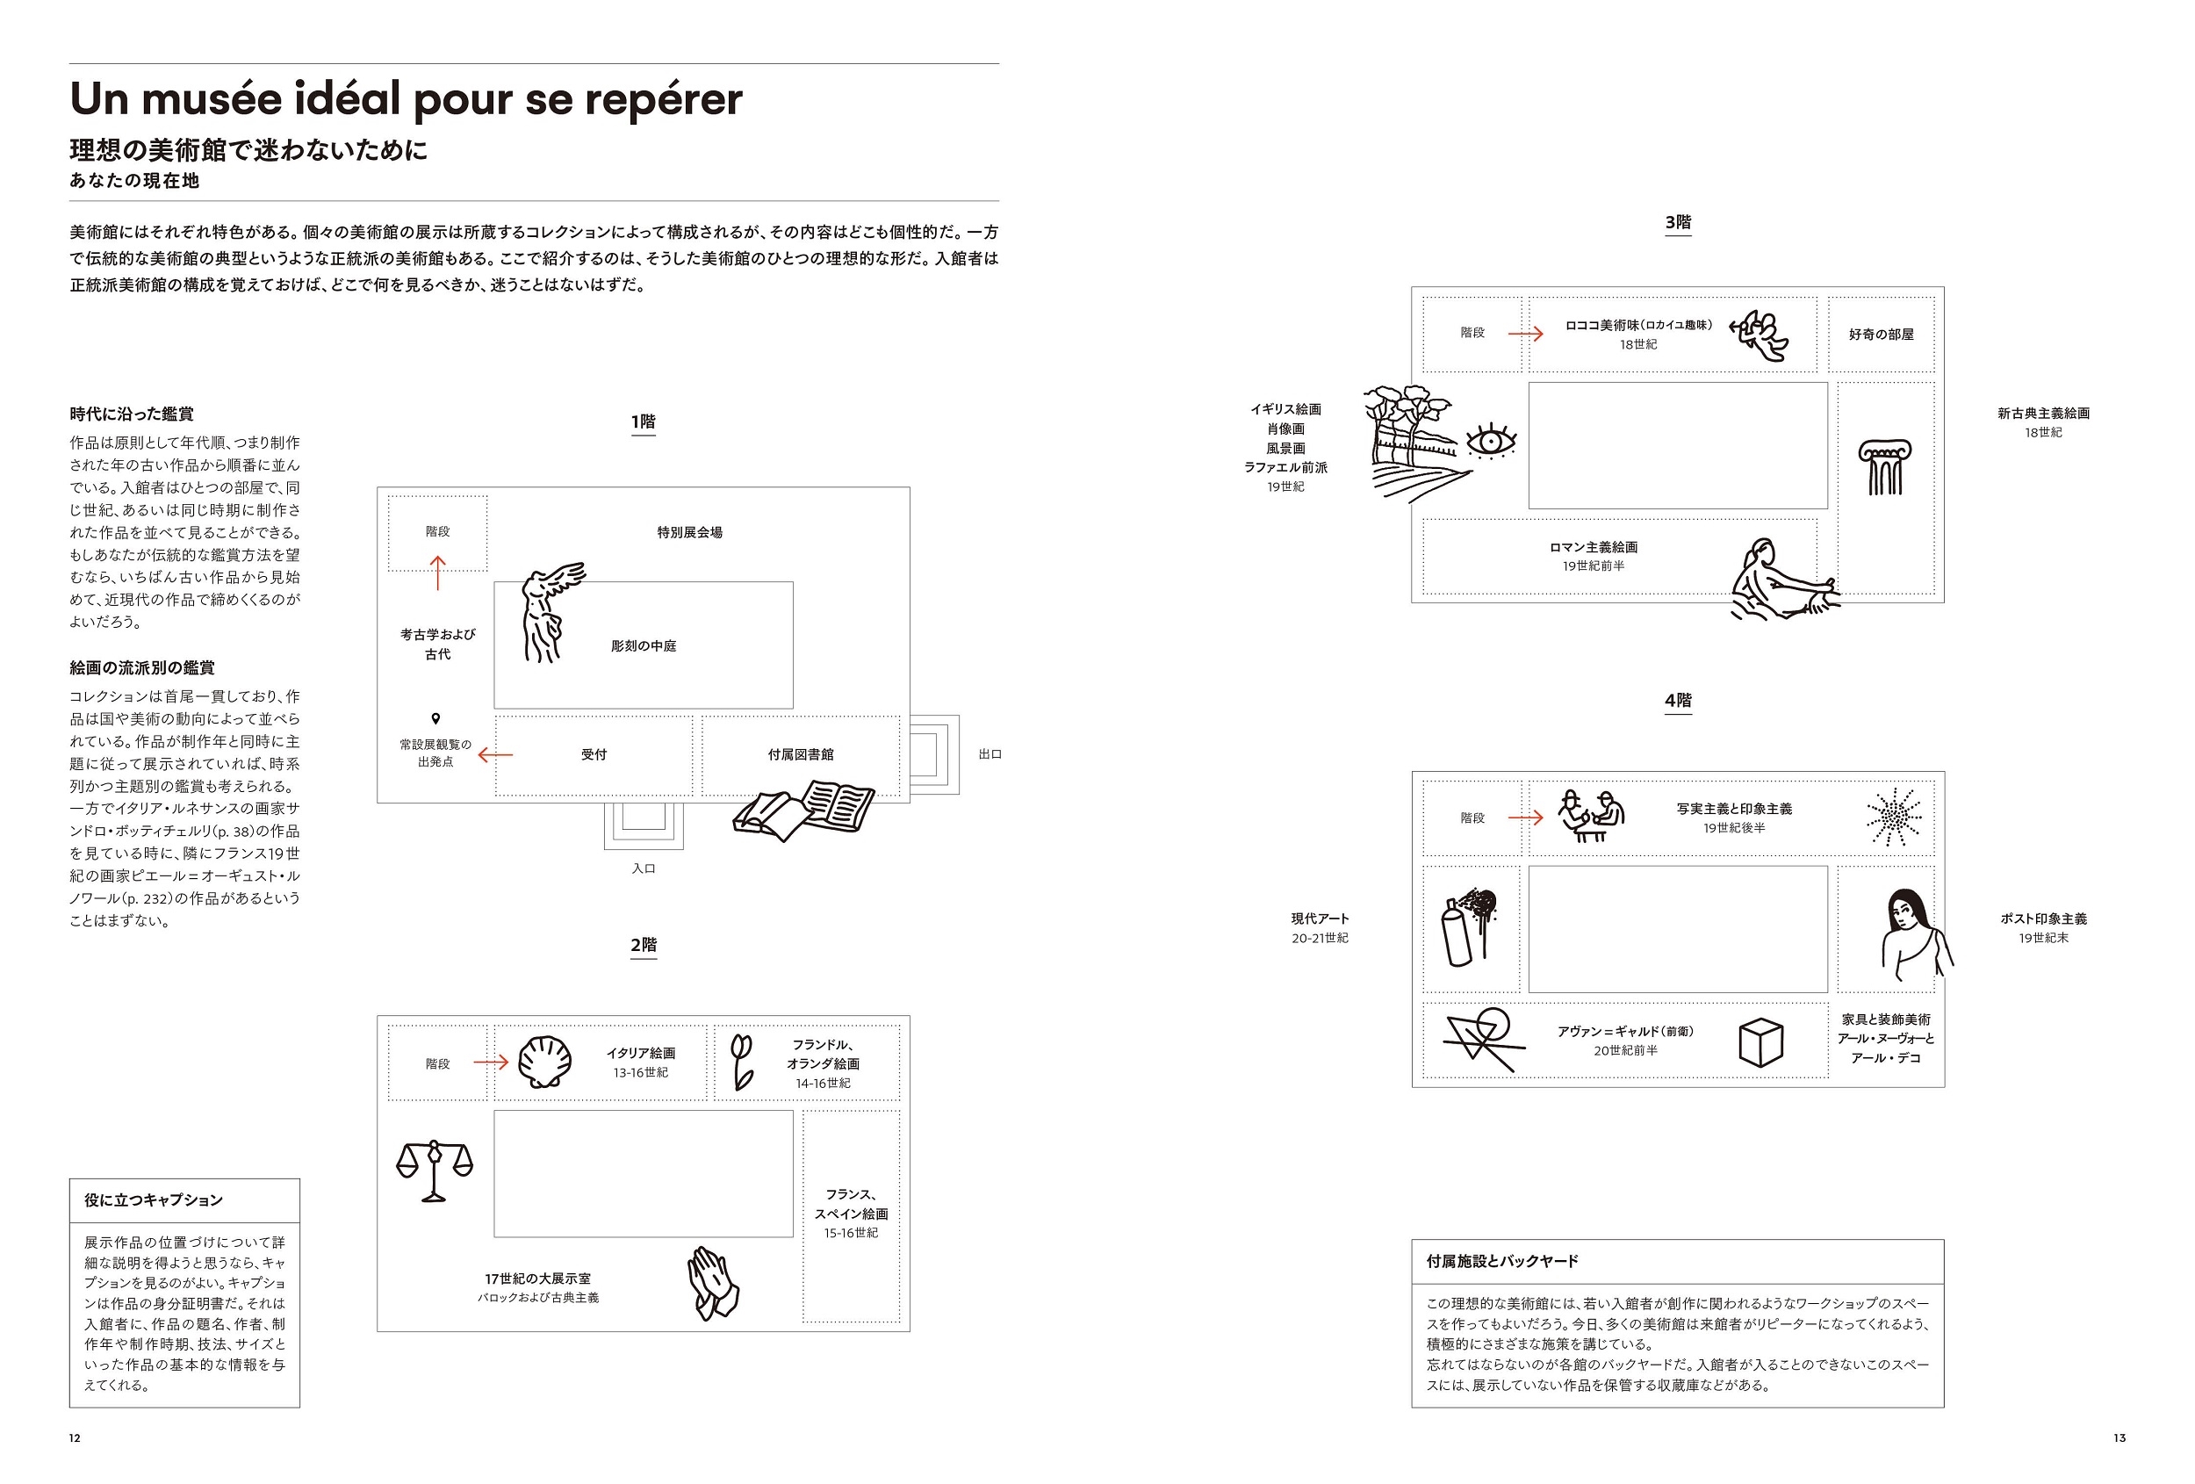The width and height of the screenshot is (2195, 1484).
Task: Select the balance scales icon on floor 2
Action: tap(434, 1170)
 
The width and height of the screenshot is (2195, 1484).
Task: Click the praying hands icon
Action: tap(713, 1282)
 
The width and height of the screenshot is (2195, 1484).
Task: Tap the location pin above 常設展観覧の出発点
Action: tap(435, 719)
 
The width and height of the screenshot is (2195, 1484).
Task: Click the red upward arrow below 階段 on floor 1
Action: tap(437, 573)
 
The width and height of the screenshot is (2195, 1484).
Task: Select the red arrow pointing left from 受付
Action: tap(496, 755)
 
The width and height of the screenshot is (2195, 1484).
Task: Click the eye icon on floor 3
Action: tap(1491, 441)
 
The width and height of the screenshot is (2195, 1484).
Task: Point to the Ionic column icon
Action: tap(1884, 466)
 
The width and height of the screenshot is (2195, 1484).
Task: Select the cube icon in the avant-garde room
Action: tap(1760, 1042)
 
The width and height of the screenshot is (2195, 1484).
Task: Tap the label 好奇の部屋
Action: tap(1881, 335)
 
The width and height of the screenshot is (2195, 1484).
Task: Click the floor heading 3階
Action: tap(1677, 223)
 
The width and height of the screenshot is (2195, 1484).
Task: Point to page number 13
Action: tap(2119, 1437)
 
